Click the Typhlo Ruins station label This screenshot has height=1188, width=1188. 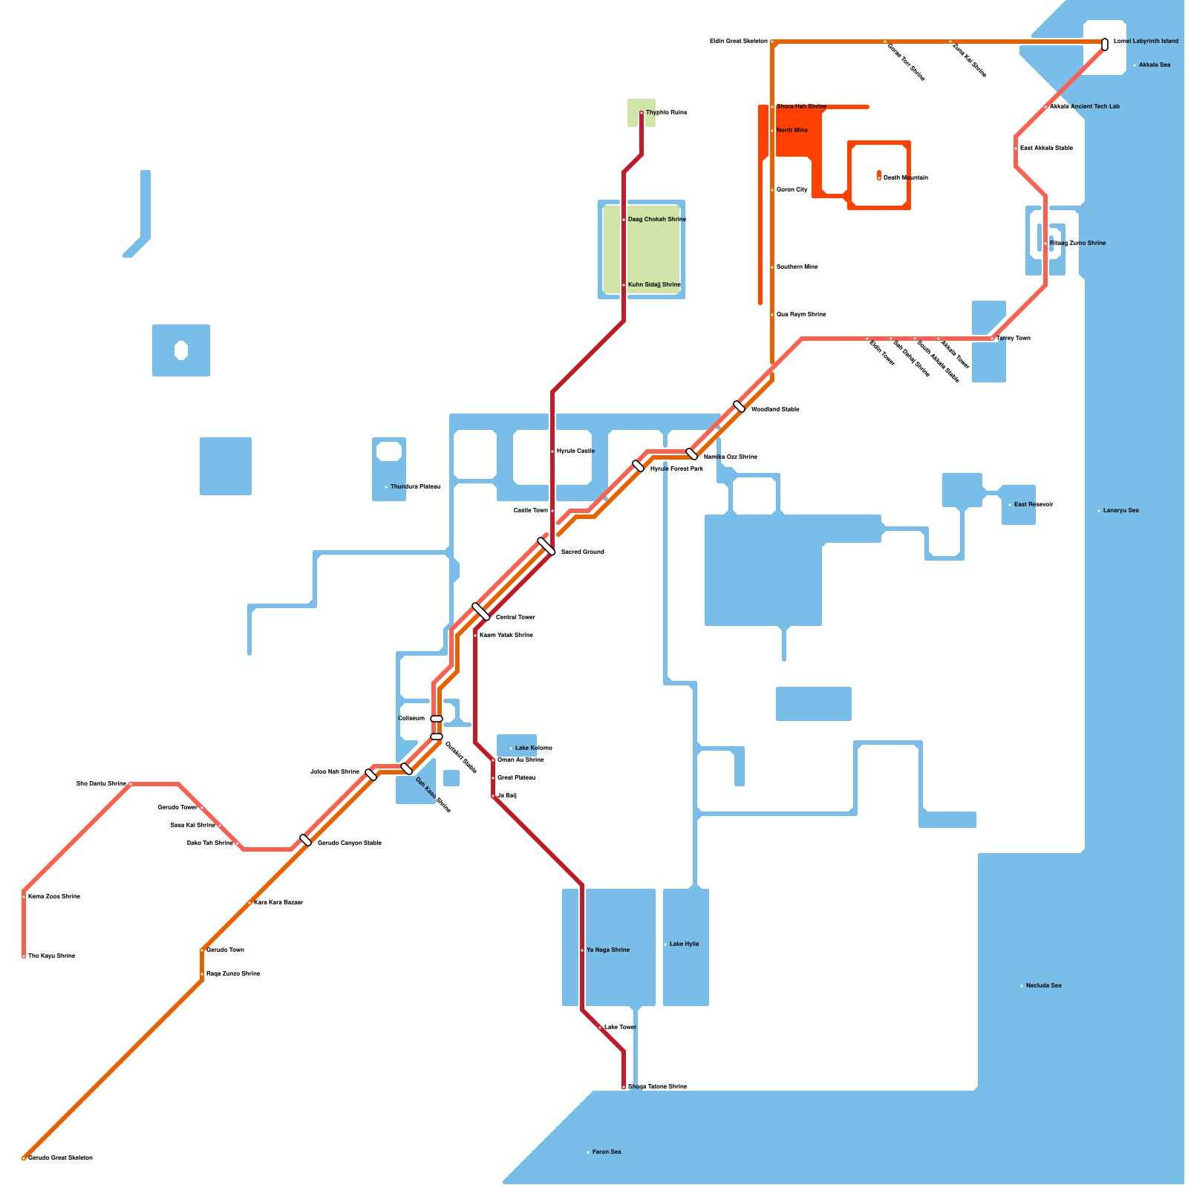coord(666,113)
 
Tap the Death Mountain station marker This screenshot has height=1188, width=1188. coord(879,178)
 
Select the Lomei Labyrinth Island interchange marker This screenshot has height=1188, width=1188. coord(1105,45)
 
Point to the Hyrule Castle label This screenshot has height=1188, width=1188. coord(575,451)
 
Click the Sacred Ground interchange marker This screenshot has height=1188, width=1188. coord(546,546)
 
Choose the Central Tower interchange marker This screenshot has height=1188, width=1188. coord(481,612)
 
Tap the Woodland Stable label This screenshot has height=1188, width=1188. coord(775,410)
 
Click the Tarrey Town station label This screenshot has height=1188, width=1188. coord(1014,339)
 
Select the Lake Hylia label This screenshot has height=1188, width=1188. coord(684,944)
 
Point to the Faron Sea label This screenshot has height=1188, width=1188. coord(607,1152)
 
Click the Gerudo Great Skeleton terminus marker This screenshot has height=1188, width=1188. coord(24,1158)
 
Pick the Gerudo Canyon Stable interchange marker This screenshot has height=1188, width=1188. coord(305,841)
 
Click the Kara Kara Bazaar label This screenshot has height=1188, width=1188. coord(278,903)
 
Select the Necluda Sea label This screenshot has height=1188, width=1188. coord(1043,986)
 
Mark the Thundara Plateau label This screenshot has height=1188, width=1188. coord(415,487)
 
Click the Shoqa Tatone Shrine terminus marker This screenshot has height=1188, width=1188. coord(624,1087)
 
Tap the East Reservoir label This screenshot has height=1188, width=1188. coord(1034,505)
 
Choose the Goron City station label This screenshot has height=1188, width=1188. coord(792,190)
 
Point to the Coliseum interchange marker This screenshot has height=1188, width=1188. coord(437,719)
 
